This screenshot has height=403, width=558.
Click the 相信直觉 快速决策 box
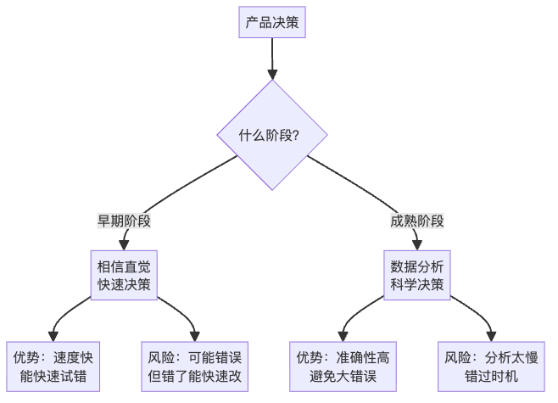(x=125, y=275)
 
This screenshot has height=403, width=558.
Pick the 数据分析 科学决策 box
(x=417, y=275)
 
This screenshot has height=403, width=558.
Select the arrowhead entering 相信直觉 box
(x=125, y=244)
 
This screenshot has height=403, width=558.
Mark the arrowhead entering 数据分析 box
(x=417, y=244)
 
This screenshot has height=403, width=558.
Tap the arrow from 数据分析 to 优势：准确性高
(x=356, y=314)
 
